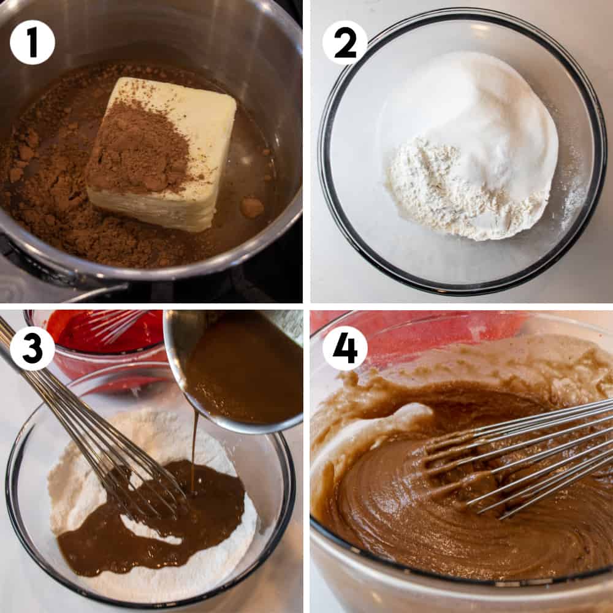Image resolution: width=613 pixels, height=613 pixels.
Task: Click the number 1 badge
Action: (x=32, y=42)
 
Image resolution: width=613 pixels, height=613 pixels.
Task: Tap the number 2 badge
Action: (x=345, y=42)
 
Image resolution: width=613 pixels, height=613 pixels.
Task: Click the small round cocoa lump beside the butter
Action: (x=252, y=208)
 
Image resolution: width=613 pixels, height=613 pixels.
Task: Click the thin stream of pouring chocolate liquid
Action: (x=194, y=449)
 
